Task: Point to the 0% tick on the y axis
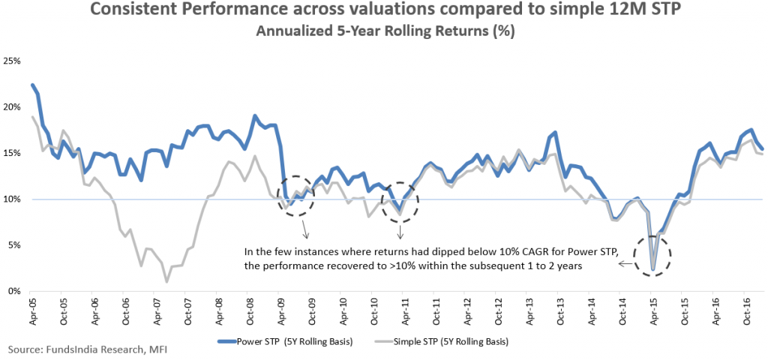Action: click(x=13, y=291)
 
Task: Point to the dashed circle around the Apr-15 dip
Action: click(x=651, y=256)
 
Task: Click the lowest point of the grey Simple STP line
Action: click(x=166, y=281)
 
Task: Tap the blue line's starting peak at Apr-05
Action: click(x=32, y=85)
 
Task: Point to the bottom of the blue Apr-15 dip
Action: click(x=652, y=269)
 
